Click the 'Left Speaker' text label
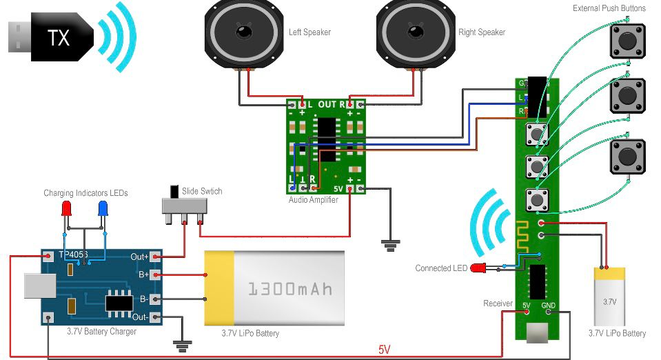[309, 32]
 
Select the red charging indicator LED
[67, 208]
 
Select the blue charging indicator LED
[103, 208]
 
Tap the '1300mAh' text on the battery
[289, 288]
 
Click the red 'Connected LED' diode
[477, 268]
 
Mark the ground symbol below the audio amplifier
[391, 243]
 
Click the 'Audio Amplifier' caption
[314, 199]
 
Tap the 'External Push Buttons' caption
[609, 8]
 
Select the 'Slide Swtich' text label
[202, 191]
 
